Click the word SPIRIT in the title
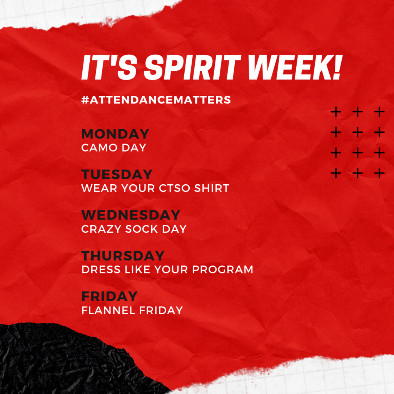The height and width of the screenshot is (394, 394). (192, 67)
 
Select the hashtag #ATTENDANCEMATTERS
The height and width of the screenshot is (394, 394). (156, 100)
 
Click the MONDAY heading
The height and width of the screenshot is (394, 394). (115, 134)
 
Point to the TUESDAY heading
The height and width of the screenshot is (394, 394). (117, 174)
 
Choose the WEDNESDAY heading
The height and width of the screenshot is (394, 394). (131, 215)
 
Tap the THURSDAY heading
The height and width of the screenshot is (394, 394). (123, 255)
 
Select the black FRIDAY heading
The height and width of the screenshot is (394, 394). (109, 296)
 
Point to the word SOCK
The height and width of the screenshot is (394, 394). (142, 229)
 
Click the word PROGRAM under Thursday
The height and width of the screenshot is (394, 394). (223, 270)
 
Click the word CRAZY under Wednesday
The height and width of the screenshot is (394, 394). (101, 229)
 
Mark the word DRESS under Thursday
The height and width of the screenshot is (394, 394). (101, 270)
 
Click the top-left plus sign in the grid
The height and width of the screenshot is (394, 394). (336, 112)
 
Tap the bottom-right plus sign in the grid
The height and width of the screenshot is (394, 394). (379, 173)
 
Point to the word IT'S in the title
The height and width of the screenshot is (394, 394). (109, 67)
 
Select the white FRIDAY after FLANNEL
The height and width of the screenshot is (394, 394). (161, 311)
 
